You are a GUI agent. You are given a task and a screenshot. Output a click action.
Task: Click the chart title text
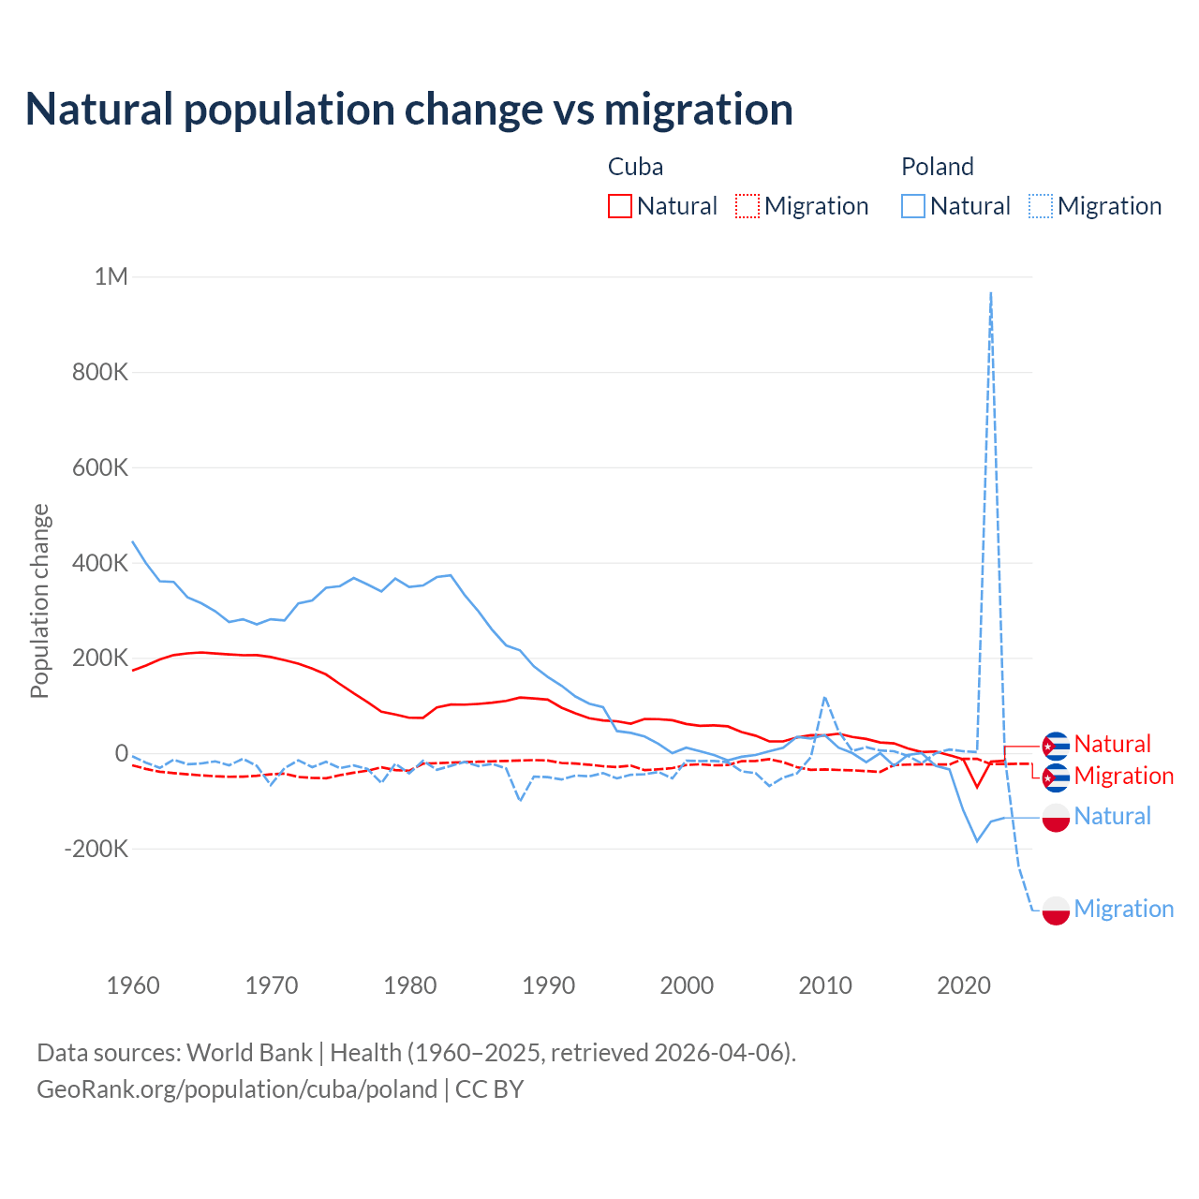[x=408, y=110]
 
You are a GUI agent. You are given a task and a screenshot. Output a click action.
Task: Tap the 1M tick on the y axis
[x=111, y=276]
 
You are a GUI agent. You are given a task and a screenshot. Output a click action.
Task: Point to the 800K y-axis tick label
[x=100, y=372]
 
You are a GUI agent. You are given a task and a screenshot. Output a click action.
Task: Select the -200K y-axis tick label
[x=96, y=849]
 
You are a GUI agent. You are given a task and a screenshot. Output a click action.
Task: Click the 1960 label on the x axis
[x=133, y=985]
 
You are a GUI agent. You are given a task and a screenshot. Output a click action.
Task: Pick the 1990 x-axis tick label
[x=548, y=985]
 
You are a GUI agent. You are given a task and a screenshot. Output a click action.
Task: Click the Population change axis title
[x=39, y=600]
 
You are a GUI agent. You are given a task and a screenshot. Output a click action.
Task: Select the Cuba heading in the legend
[x=635, y=167]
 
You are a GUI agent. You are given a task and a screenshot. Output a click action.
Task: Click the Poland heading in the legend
[x=937, y=167]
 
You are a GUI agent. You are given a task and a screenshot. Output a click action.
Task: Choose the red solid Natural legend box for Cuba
[x=619, y=206]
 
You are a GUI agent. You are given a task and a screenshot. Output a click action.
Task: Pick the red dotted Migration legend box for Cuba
[x=748, y=206]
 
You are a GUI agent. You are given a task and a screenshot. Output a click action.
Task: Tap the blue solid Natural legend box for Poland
[x=912, y=206]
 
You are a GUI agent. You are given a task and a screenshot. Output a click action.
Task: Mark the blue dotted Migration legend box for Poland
[x=1041, y=206]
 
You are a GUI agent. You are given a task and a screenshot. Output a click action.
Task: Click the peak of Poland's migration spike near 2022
[x=991, y=293]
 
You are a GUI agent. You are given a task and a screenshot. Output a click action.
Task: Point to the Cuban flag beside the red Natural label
[x=1056, y=746]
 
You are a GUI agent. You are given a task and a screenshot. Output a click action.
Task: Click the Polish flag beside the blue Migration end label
[x=1056, y=910]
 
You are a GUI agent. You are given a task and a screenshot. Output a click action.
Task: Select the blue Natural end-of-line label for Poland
[x=1112, y=816]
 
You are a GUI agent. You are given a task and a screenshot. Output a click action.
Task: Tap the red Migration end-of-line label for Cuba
[x=1123, y=776]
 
